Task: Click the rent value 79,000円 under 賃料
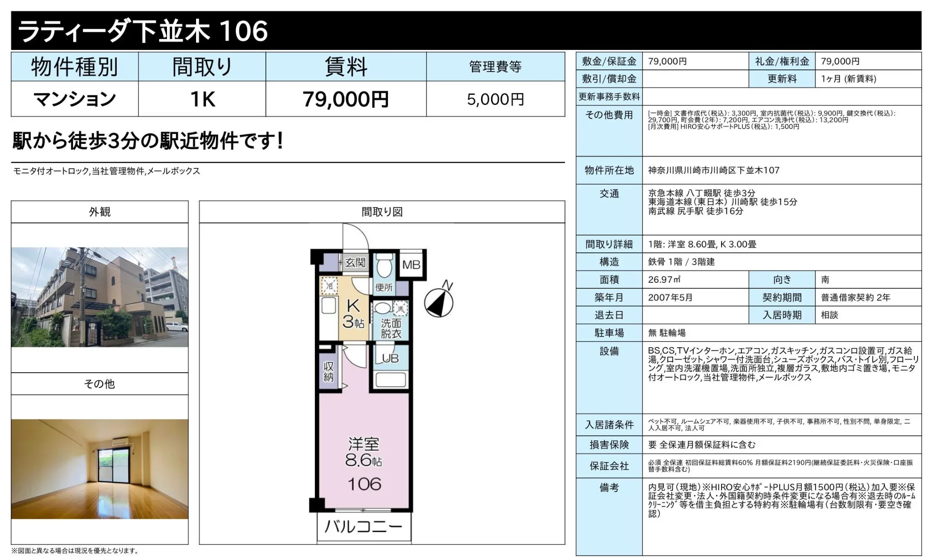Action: pos(346,99)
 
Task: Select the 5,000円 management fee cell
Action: pos(496,99)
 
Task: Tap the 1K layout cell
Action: pos(202,99)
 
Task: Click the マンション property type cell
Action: pos(75,99)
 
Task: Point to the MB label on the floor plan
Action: pos(411,265)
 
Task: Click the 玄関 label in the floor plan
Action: pos(355,262)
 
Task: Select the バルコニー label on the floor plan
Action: pos(363,527)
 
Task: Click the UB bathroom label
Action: pos(390,358)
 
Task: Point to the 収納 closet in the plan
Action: pos(329,372)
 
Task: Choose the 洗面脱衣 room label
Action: pos(391,328)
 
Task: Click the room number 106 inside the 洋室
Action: pos(364,484)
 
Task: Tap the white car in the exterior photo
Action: pos(176,326)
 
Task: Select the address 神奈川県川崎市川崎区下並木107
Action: pos(714,170)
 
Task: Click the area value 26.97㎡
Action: pos(664,280)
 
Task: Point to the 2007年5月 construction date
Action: pos(670,297)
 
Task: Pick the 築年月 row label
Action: pos(609,297)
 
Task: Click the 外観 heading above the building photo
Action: pos(100,212)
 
